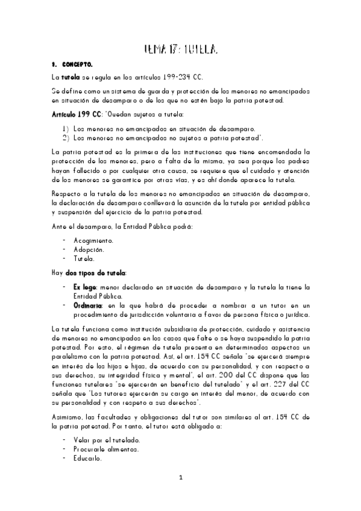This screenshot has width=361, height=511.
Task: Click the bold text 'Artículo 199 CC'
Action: (x=76, y=114)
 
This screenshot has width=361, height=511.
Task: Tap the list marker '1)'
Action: (x=65, y=128)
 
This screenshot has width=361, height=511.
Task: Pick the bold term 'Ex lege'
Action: (x=84, y=286)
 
